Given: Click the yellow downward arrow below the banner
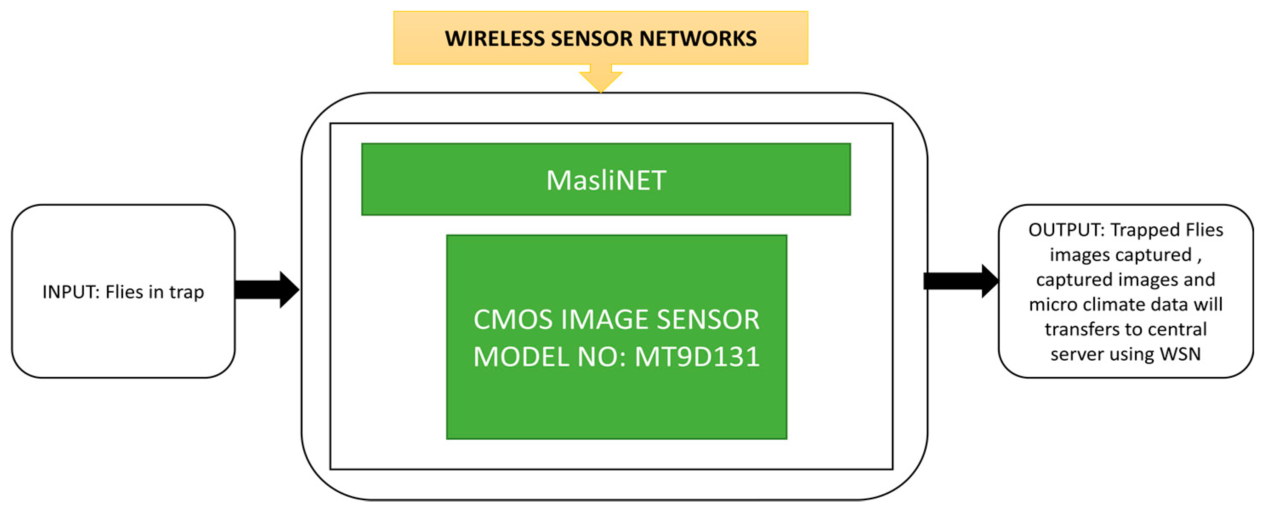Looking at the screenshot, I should tap(601, 79).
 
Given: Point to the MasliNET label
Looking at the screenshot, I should tap(606, 180).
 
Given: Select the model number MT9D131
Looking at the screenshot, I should tap(697, 356).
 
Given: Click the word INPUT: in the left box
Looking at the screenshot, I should tap(71, 292).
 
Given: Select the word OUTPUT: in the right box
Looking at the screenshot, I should tap(1065, 230).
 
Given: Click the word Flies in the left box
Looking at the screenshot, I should tap(124, 292).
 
